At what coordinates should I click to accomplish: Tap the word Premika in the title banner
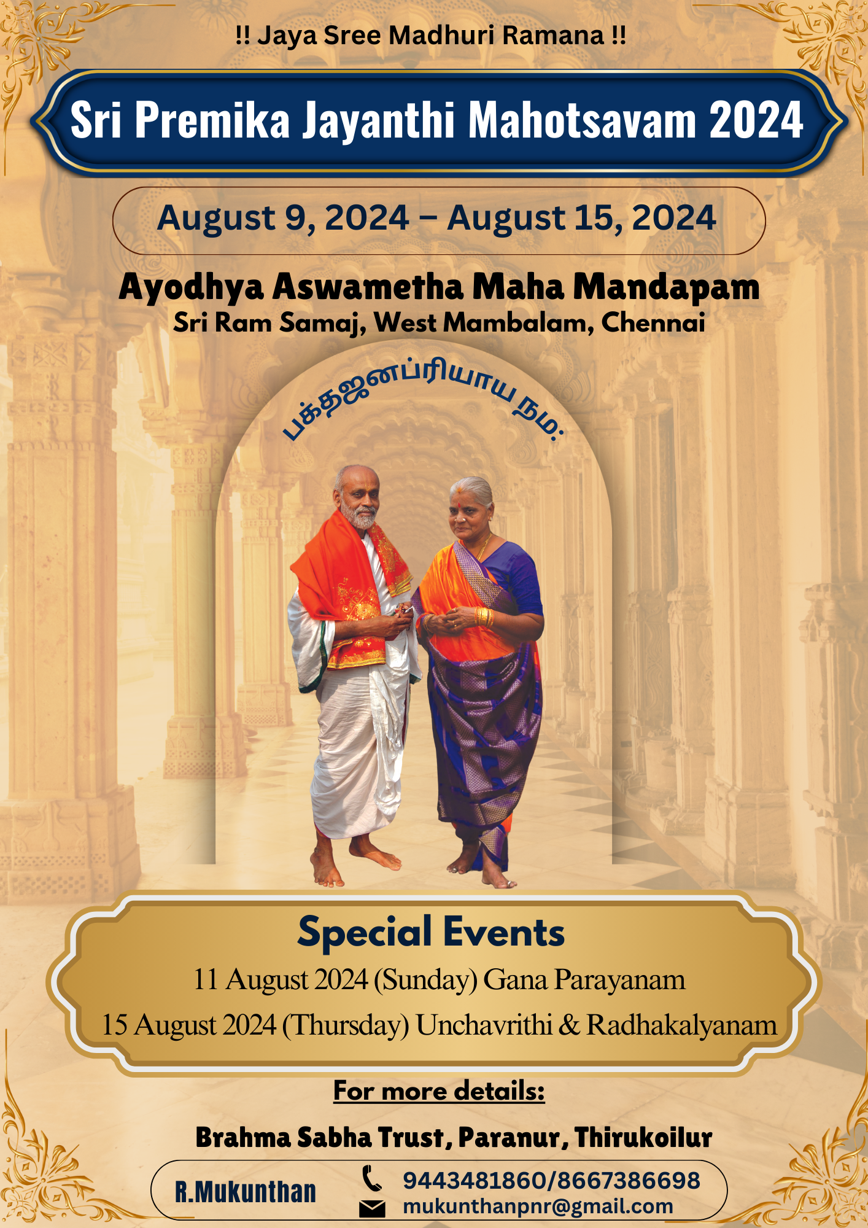pos(212,120)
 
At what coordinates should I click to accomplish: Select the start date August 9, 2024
pos(283,219)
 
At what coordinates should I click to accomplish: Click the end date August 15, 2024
pos(582,219)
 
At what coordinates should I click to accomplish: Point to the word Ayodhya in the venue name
pos(191,287)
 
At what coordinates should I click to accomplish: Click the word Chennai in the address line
pos(653,322)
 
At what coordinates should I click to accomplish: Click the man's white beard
pos(360,518)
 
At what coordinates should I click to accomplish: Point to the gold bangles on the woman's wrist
pos(484,616)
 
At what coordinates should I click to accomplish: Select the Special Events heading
pos(431,932)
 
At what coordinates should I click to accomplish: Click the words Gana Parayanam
pos(584,980)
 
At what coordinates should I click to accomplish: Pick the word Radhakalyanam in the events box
pos(681,1025)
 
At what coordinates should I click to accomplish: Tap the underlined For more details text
pos(439,1091)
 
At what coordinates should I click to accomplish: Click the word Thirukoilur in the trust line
pos(643,1137)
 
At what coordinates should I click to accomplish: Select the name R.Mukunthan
pos(246,1192)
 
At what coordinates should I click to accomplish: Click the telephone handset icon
pos(371,1178)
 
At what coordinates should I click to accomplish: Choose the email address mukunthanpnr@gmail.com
pos(538,1207)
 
